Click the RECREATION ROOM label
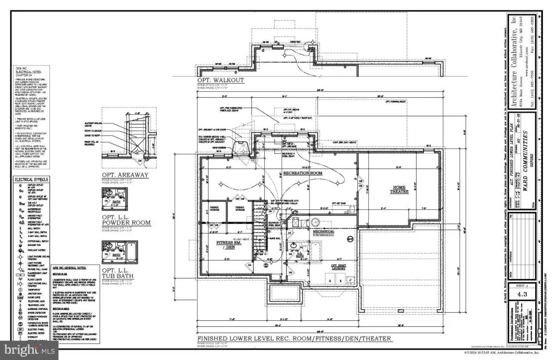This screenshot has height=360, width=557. point(303,173)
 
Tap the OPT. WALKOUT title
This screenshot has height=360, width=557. point(221,80)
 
